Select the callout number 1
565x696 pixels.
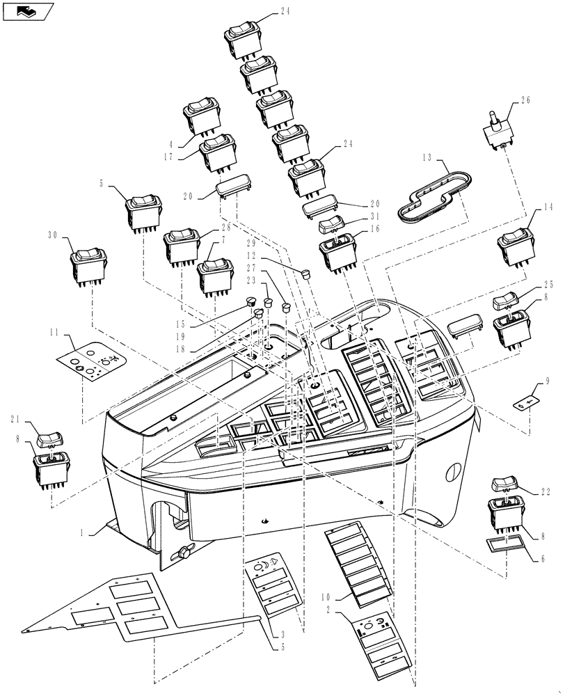click(83, 532)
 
